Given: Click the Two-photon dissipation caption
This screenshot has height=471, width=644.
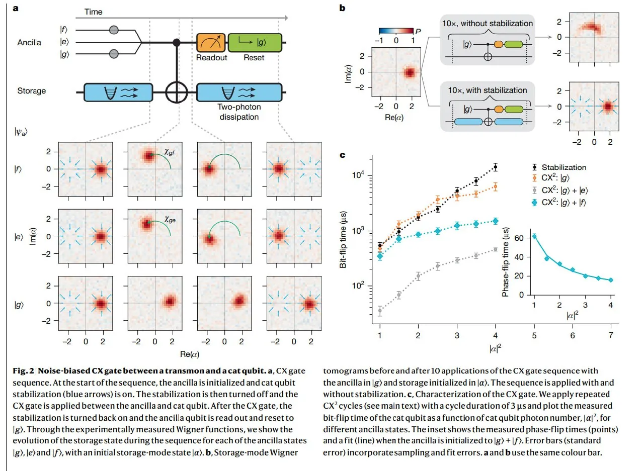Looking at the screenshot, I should click(239, 112).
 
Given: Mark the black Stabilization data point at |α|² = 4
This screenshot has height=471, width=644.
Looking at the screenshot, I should click(496, 166).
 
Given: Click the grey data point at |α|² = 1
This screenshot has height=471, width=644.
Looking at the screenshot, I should click(380, 311).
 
